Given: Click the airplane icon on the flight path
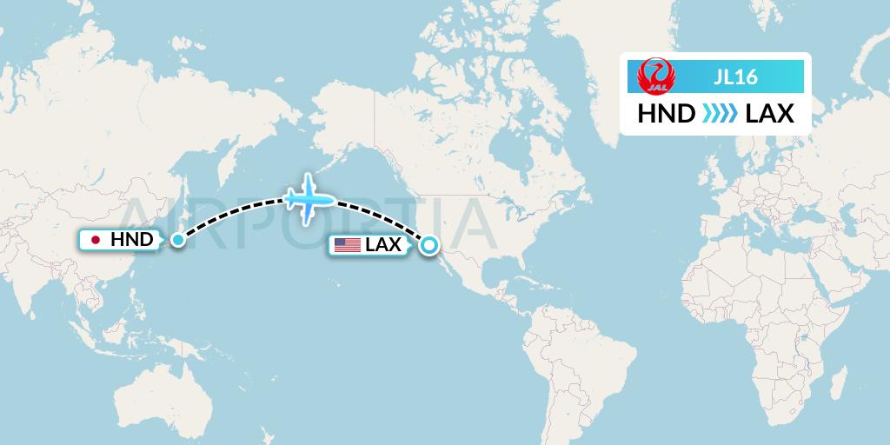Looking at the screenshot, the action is [309, 198].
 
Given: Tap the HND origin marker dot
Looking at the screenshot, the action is [177, 239].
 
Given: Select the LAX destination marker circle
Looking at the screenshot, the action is [428, 245].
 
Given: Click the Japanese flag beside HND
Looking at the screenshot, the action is [96, 240].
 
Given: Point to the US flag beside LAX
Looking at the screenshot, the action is [347, 245].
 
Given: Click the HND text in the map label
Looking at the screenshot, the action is [132, 240].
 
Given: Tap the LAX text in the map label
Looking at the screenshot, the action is [383, 245].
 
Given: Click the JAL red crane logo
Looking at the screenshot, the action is [654, 76].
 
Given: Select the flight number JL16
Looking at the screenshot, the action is [735, 77].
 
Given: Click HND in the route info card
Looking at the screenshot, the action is [666, 114].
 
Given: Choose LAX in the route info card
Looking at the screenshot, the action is [770, 114].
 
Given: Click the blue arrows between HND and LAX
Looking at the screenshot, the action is [719, 114].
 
